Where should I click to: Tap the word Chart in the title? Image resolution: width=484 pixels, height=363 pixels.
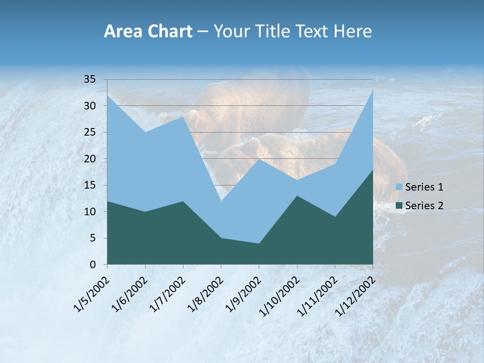point(170,32)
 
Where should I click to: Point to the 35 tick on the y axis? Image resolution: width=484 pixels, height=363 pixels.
point(89,80)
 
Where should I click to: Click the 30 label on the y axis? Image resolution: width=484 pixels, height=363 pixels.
point(89,106)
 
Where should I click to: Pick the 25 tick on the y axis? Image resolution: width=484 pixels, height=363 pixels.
point(89,133)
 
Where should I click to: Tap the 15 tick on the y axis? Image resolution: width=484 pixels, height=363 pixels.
point(89,186)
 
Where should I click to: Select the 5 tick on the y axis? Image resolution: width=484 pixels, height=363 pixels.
point(92,238)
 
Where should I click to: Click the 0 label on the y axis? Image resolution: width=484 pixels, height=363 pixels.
point(92,265)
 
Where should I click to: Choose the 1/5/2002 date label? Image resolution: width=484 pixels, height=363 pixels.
point(91,293)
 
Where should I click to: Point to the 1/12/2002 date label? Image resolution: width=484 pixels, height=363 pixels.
point(355,294)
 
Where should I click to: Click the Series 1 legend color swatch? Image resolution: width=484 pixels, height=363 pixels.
point(399,187)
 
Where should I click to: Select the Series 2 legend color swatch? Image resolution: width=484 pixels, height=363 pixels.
point(399,205)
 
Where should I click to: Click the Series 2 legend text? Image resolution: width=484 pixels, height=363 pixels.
point(424,205)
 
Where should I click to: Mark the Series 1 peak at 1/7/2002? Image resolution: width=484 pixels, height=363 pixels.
point(183,116)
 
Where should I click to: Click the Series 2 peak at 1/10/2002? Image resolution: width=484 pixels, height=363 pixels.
point(297,196)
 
